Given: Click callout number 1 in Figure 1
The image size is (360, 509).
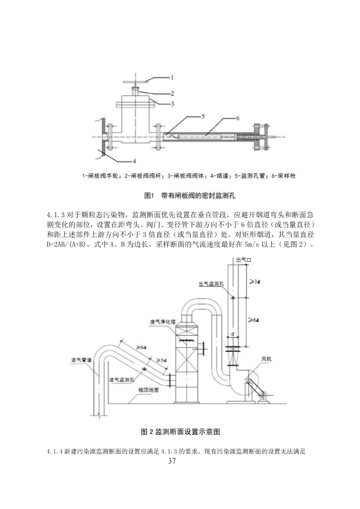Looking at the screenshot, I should point(172,78).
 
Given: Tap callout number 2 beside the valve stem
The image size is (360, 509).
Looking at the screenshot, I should point(172,93).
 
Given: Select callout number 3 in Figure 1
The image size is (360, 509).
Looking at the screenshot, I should point(172,104).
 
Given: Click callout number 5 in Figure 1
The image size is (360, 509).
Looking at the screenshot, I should point(202,116).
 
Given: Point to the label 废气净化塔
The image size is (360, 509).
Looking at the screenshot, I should point(163,322).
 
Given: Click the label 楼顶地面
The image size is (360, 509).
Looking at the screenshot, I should point(148,390).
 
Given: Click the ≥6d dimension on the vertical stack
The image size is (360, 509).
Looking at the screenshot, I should point(254,320).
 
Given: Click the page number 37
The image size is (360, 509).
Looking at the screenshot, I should point(172,462).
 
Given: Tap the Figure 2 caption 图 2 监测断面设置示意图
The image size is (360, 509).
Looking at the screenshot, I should point(180,432).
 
